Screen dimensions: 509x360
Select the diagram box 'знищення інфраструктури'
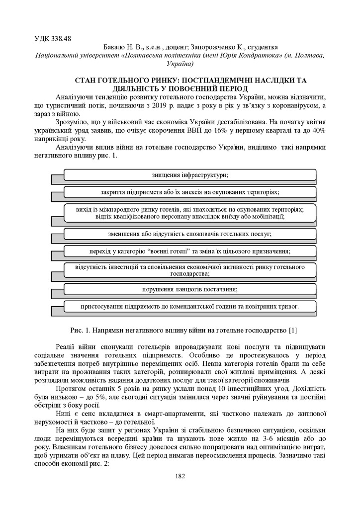pyautogui.click(x=190, y=175)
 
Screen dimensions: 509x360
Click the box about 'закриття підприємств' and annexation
pyautogui.click(x=190, y=191)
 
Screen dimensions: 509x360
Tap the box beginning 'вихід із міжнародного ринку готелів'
pyautogui.click(x=190, y=213)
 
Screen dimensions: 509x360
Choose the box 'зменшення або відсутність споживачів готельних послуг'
pyautogui.click(x=190, y=234)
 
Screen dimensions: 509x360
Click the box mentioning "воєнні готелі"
pyautogui.click(x=190, y=251)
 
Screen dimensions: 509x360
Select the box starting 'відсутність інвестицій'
pyautogui.click(x=190, y=270)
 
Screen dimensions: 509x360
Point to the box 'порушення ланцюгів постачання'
pyautogui.click(x=190, y=289)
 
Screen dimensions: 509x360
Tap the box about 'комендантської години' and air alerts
pyautogui.click(x=190, y=306)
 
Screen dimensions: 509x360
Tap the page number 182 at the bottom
pyautogui.click(x=180, y=476)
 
